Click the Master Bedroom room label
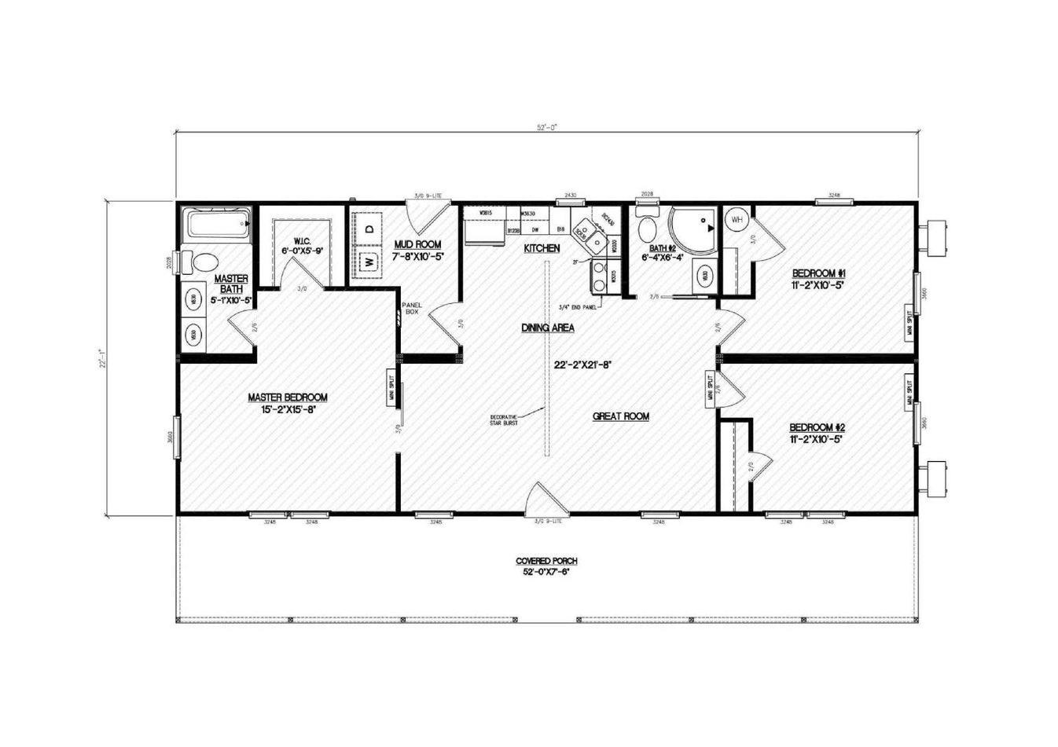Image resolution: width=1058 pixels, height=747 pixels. (288, 397)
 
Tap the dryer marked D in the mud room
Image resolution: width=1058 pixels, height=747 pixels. (369, 229)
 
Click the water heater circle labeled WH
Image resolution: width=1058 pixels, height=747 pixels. (737, 220)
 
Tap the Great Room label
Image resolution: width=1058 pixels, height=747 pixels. (620, 416)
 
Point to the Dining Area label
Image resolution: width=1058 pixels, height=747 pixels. (547, 328)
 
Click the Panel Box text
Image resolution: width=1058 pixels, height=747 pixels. (412, 308)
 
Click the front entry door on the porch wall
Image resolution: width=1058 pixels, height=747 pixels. (546, 499)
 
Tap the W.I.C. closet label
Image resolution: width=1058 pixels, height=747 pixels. (304, 240)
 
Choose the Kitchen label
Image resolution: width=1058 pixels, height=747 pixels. (542, 248)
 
